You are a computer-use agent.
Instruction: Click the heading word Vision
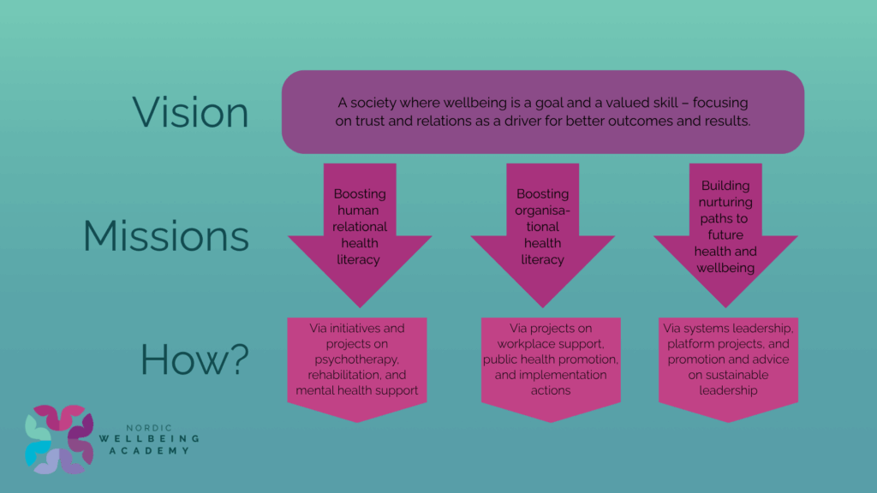pyautogui.click(x=190, y=112)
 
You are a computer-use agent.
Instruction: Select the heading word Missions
pyautogui.click(x=166, y=236)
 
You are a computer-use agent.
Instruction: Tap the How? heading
pyautogui.click(x=194, y=359)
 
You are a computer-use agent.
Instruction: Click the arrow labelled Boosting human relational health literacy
pyautogui.click(x=360, y=235)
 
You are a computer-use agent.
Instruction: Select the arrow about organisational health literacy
pyautogui.click(x=542, y=235)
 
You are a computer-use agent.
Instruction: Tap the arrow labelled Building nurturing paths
pyautogui.click(x=725, y=235)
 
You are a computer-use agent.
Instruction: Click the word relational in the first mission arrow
pyautogui.click(x=360, y=226)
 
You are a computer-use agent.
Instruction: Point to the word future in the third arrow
pyautogui.click(x=725, y=235)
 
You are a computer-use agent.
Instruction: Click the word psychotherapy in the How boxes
pyautogui.click(x=356, y=360)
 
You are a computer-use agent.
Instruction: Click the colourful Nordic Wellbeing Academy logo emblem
pyautogui.click(x=59, y=439)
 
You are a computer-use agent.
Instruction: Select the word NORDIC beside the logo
pyautogui.click(x=149, y=428)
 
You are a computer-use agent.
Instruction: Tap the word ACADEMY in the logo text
pyautogui.click(x=149, y=450)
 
